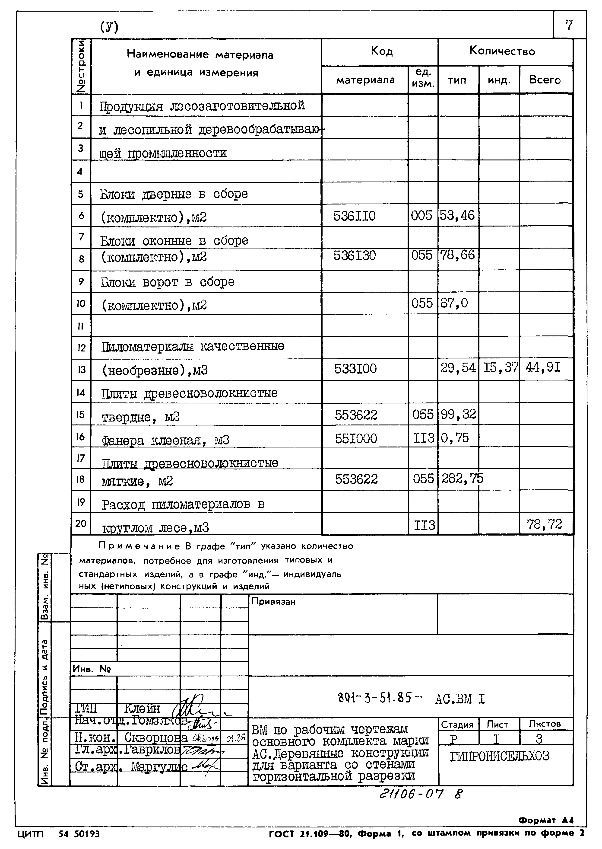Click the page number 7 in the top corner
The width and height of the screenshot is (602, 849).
tap(569, 25)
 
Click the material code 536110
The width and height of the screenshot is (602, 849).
tap(354, 216)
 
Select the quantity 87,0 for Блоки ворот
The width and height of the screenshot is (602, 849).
tap(454, 303)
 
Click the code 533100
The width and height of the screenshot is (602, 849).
tap(355, 369)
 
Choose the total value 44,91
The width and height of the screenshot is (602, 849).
tap(543, 367)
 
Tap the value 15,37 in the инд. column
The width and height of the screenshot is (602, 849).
tap(500, 367)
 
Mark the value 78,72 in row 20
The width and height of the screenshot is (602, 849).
tap(544, 524)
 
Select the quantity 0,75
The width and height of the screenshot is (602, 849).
tap(455, 438)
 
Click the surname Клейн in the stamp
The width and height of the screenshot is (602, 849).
tap(142, 709)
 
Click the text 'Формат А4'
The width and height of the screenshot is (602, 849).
tap(546, 820)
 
